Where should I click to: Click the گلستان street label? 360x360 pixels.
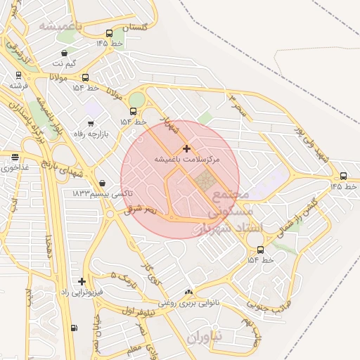click(x=135, y=27)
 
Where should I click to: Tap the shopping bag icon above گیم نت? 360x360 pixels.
click(x=65, y=53)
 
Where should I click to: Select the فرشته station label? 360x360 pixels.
click(x=17, y=84)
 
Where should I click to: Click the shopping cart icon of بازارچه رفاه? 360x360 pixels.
click(x=90, y=124)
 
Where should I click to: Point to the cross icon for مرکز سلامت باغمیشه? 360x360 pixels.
click(x=186, y=148)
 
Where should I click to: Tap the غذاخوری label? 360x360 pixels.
click(x=12, y=168)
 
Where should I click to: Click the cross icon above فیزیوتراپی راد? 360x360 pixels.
click(x=82, y=281)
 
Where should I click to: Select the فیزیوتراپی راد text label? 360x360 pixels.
click(x=82, y=291)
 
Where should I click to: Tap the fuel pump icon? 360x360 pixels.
click(x=74, y=328)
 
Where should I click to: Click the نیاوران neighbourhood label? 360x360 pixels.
click(x=205, y=337)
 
